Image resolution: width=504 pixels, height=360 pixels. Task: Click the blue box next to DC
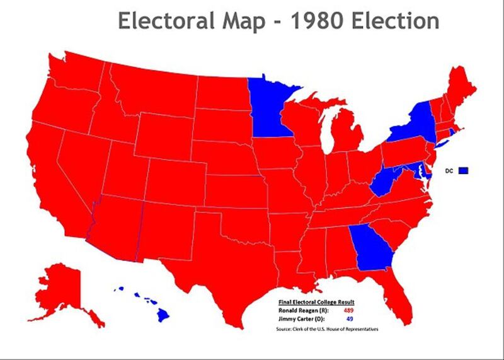[464, 170]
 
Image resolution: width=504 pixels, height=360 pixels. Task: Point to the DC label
[450, 170]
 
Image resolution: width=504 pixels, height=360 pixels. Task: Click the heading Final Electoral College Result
[316, 302]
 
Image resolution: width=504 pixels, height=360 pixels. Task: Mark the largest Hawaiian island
[163, 313]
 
